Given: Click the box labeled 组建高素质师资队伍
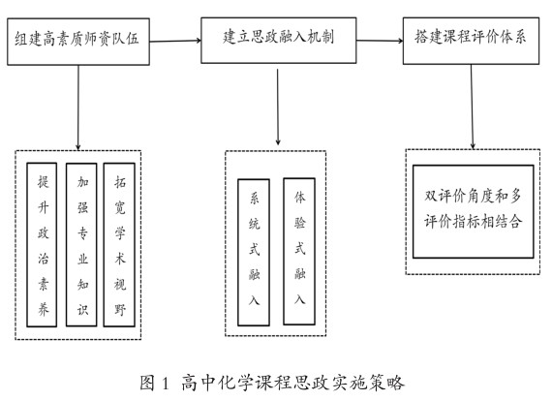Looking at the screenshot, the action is (78, 42).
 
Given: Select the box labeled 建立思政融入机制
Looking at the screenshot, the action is (279, 41).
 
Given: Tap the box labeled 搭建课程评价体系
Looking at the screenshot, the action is (471, 41).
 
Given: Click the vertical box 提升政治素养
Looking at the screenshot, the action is (42, 245).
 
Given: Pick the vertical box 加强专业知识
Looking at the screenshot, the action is (81, 245).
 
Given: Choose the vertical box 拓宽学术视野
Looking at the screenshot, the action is (119, 245).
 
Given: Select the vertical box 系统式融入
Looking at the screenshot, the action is (254, 252).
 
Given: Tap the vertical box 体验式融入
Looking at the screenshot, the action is (299, 252).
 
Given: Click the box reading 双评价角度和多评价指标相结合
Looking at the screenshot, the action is (474, 211).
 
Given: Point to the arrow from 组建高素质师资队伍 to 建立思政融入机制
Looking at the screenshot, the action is (175, 41).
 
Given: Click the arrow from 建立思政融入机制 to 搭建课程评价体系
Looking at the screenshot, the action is (380, 41).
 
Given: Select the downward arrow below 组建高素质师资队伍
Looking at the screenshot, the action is (78, 108).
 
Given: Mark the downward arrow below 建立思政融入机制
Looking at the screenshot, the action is (278, 107).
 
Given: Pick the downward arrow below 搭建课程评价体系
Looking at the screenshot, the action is (472, 107).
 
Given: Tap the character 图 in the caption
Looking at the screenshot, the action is (147, 383).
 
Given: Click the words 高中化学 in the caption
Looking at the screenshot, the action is (216, 383).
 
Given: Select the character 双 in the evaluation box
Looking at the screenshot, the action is (431, 196).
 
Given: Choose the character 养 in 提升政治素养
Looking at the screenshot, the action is (43, 309).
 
